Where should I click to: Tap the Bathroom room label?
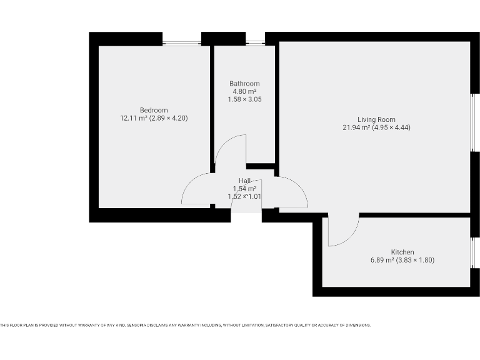(x=244, y=84)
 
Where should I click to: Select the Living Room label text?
(x=376, y=119)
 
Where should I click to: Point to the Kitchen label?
(x=402, y=252)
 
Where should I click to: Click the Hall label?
(x=244, y=181)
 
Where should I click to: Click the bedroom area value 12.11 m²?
(x=133, y=117)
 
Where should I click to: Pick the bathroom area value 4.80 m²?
(x=244, y=91)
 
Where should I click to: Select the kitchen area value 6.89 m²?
(x=382, y=259)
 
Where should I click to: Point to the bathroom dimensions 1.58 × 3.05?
(x=244, y=99)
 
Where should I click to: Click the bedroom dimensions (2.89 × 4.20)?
(x=168, y=117)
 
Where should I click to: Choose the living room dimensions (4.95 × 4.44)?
(x=391, y=127)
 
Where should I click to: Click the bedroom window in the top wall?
(x=182, y=43)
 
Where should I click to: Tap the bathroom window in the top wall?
(x=255, y=43)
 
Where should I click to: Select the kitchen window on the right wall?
(x=472, y=252)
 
